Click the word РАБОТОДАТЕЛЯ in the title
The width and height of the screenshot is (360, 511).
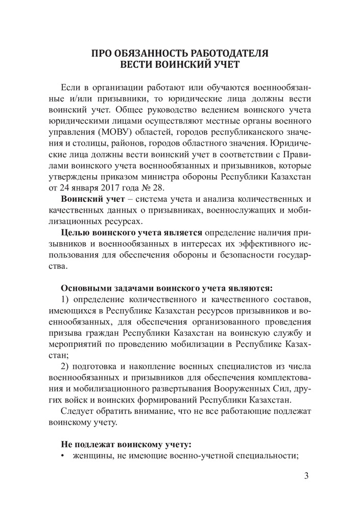point(222,53)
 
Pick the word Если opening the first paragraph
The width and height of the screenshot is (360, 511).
point(70,85)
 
